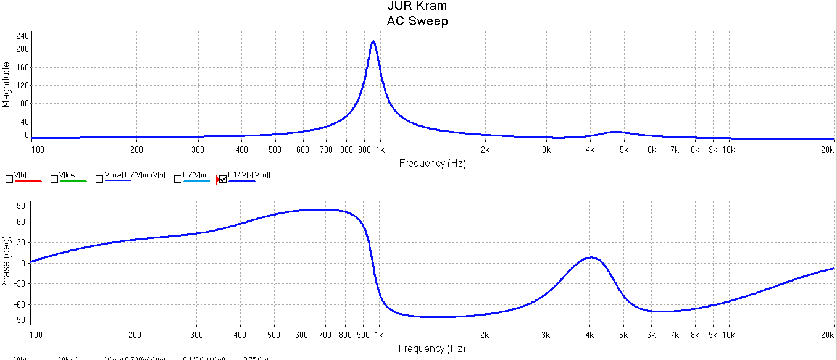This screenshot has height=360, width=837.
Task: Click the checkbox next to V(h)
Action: (x=9, y=179)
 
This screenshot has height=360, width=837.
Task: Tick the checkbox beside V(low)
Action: (x=54, y=179)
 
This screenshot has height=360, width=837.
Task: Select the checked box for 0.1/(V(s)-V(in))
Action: (x=223, y=179)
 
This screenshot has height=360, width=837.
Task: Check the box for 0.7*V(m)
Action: (x=178, y=179)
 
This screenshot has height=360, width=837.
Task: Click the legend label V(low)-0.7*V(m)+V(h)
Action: (x=135, y=175)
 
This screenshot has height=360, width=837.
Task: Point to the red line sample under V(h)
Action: (x=28, y=181)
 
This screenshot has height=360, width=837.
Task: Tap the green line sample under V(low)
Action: (x=73, y=181)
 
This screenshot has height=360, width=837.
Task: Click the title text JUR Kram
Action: (x=417, y=6)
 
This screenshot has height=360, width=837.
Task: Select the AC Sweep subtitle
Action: (x=417, y=21)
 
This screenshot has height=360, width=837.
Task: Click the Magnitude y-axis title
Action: (x=6, y=84)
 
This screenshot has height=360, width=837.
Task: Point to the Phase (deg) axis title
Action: (x=6, y=262)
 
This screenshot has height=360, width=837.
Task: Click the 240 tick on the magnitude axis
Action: (x=22, y=35)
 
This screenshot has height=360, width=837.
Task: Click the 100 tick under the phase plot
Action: (x=38, y=335)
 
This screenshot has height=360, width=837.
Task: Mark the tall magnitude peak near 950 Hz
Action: (x=373, y=42)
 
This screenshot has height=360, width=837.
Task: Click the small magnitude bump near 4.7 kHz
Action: (x=615, y=132)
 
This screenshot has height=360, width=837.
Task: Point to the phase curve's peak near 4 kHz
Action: (x=591, y=257)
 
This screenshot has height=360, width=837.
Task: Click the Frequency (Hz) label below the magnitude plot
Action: (x=432, y=164)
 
